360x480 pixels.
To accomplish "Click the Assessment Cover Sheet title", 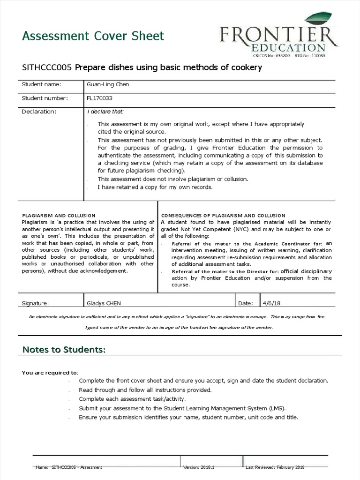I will pos(93,36).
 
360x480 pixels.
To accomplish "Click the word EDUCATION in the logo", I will pos(288,47).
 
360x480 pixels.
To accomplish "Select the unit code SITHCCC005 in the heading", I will pos(47,67).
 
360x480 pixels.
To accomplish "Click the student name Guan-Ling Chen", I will pos(108,84).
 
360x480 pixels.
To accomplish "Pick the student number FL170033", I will pos(99,98).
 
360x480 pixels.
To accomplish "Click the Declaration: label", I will pos(39,112).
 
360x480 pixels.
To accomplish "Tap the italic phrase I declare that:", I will pos(105,112).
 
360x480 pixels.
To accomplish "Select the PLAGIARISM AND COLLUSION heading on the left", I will pos(59,215).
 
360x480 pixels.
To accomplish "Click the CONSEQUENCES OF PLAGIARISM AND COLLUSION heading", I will pos(223,215).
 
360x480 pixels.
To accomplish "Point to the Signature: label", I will pos(35,303).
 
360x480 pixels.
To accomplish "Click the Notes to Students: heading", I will pos(64,350).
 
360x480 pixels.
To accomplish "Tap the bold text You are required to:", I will pos(50,373).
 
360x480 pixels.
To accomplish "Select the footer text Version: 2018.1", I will pos(198,467).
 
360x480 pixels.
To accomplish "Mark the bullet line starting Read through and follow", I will pos(145,390).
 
